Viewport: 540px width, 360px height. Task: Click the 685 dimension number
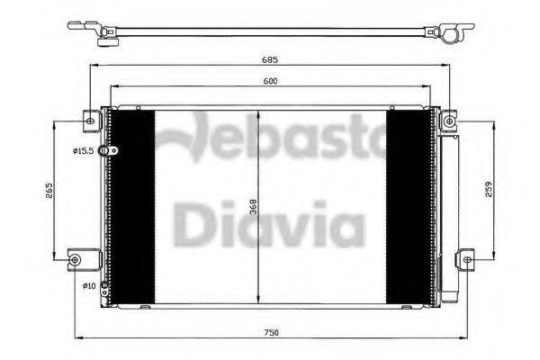tap(271, 61)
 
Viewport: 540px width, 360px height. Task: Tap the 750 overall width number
tap(271, 333)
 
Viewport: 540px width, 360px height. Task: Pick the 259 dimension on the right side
tap(487, 191)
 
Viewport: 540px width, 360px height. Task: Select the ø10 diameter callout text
tap(89, 286)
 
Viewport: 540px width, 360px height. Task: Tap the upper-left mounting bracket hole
tap(88, 119)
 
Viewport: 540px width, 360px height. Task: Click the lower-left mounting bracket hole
tap(74, 260)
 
